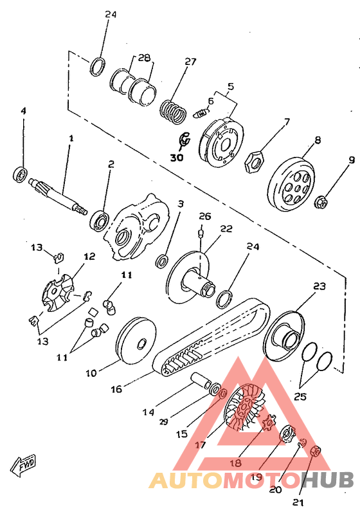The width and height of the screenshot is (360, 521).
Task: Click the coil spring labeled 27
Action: tap(173, 111)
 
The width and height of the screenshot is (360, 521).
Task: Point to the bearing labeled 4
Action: tap(20, 174)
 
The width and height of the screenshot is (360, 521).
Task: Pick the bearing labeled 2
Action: tap(99, 220)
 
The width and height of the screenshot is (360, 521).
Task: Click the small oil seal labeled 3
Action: tap(162, 261)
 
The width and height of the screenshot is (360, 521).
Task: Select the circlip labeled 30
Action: tap(184, 140)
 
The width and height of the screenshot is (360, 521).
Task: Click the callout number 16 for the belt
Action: tap(116, 388)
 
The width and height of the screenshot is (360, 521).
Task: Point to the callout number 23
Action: tap(319, 286)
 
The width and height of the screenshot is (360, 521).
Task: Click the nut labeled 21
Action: tap(315, 452)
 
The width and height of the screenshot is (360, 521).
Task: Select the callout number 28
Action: tap(144, 58)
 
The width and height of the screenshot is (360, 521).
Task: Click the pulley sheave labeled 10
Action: tap(136, 342)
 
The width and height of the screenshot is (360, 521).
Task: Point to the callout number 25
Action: tap(300, 396)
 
